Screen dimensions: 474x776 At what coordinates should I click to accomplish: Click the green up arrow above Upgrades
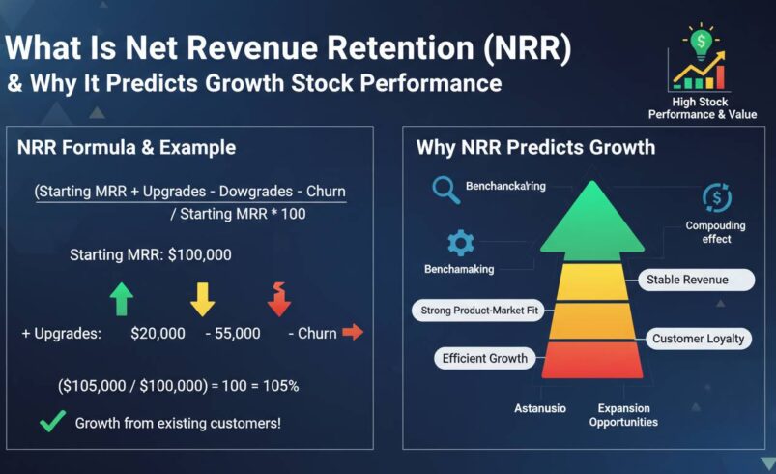point(120,298)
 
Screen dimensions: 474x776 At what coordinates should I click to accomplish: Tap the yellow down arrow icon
point(202,298)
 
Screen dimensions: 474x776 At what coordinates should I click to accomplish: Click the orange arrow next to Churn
point(353,333)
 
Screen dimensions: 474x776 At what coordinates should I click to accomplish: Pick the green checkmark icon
point(53,422)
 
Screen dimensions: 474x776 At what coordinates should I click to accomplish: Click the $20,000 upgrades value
point(158,333)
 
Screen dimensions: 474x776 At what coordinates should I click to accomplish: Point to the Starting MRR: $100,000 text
point(150,255)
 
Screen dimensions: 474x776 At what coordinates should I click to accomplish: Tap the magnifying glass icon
point(445,190)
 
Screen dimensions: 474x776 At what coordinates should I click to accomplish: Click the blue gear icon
point(460,243)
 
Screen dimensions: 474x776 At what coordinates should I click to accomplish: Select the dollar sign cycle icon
point(716,197)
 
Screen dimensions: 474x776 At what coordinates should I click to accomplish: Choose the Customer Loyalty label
point(698,339)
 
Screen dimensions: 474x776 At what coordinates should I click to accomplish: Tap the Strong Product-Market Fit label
point(478,311)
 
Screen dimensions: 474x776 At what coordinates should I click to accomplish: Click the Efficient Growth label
point(485,358)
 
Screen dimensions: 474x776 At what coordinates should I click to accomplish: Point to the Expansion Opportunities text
point(623,415)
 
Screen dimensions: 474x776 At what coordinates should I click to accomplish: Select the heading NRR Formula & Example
point(127,148)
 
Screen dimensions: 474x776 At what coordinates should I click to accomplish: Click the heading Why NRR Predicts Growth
point(535,148)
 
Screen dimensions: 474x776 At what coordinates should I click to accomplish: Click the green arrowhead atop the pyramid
point(591,218)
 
